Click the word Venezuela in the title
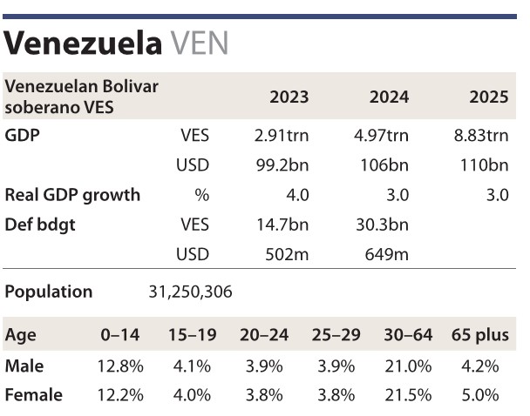(x=84, y=43)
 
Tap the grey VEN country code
(x=201, y=43)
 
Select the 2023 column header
(x=289, y=97)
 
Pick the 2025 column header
(x=488, y=97)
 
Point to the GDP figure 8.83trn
(x=478, y=137)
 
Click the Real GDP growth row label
(x=72, y=195)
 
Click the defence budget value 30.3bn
(x=384, y=225)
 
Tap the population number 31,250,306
(x=190, y=292)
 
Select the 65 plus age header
(x=479, y=336)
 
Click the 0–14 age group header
(x=119, y=336)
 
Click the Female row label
(x=34, y=395)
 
